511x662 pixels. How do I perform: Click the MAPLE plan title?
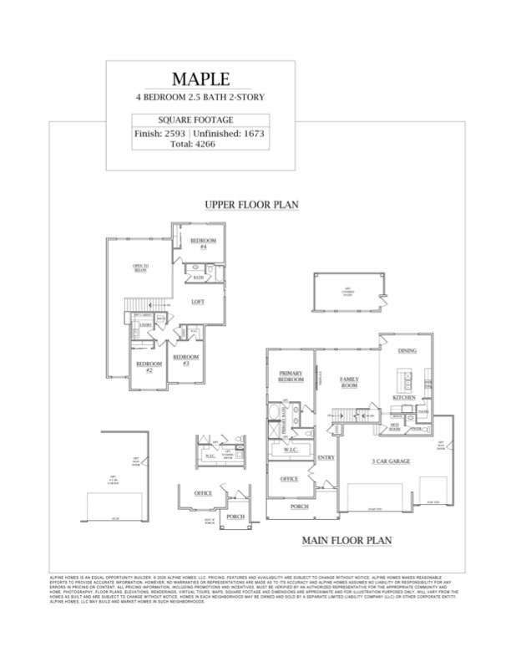(x=200, y=80)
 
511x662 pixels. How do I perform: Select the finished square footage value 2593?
(x=173, y=133)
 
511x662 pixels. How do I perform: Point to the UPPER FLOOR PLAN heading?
(x=252, y=204)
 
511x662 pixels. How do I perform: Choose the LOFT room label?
(x=198, y=301)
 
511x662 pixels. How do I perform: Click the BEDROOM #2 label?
(x=149, y=366)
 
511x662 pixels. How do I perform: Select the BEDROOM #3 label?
(x=185, y=361)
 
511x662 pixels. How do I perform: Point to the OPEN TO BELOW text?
(x=140, y=268)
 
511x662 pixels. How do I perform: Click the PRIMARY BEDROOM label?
(x=291, y=377)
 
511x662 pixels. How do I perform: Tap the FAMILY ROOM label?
(x=348, y=382)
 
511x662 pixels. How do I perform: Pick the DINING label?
(x=407, y=351)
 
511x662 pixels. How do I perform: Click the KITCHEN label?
(x=405, y=398)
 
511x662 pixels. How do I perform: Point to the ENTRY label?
(x=326, y=458)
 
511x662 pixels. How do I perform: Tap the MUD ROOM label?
(x=388, y=426)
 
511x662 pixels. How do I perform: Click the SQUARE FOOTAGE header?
(x=200, y=120)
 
